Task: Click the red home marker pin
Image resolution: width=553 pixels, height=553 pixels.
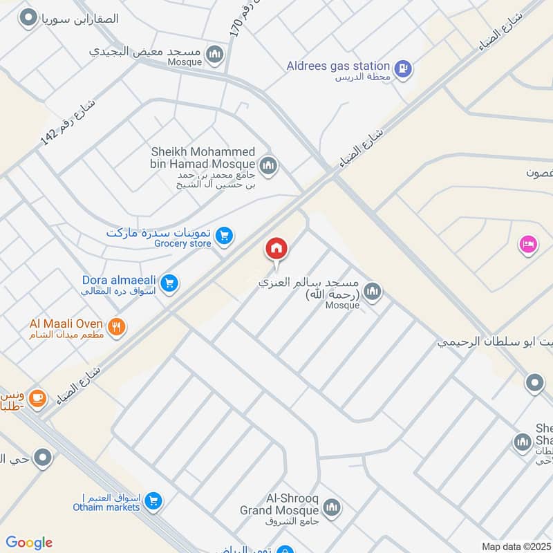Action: coord(276,248)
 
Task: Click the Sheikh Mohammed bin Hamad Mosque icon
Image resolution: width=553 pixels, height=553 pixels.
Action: coord(268,165)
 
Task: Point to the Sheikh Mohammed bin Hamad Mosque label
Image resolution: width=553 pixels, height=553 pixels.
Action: coord(203,158)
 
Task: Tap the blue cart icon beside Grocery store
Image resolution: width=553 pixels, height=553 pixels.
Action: coord(223,236)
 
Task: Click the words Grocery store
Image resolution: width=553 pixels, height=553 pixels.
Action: coord(182,243)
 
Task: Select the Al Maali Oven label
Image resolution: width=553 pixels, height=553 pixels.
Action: coord(66,323)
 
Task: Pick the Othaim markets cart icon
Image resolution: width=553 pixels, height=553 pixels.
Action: coord(154,501)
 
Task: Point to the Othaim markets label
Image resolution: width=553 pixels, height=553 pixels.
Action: coord(106,507)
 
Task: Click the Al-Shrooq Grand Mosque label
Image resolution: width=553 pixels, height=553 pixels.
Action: coord(281,504)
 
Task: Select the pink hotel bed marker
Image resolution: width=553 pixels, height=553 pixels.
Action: coord(528,244)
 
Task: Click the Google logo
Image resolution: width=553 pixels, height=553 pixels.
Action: coord(29,543)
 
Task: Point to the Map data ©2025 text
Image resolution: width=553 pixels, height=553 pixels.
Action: coord(515,546)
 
